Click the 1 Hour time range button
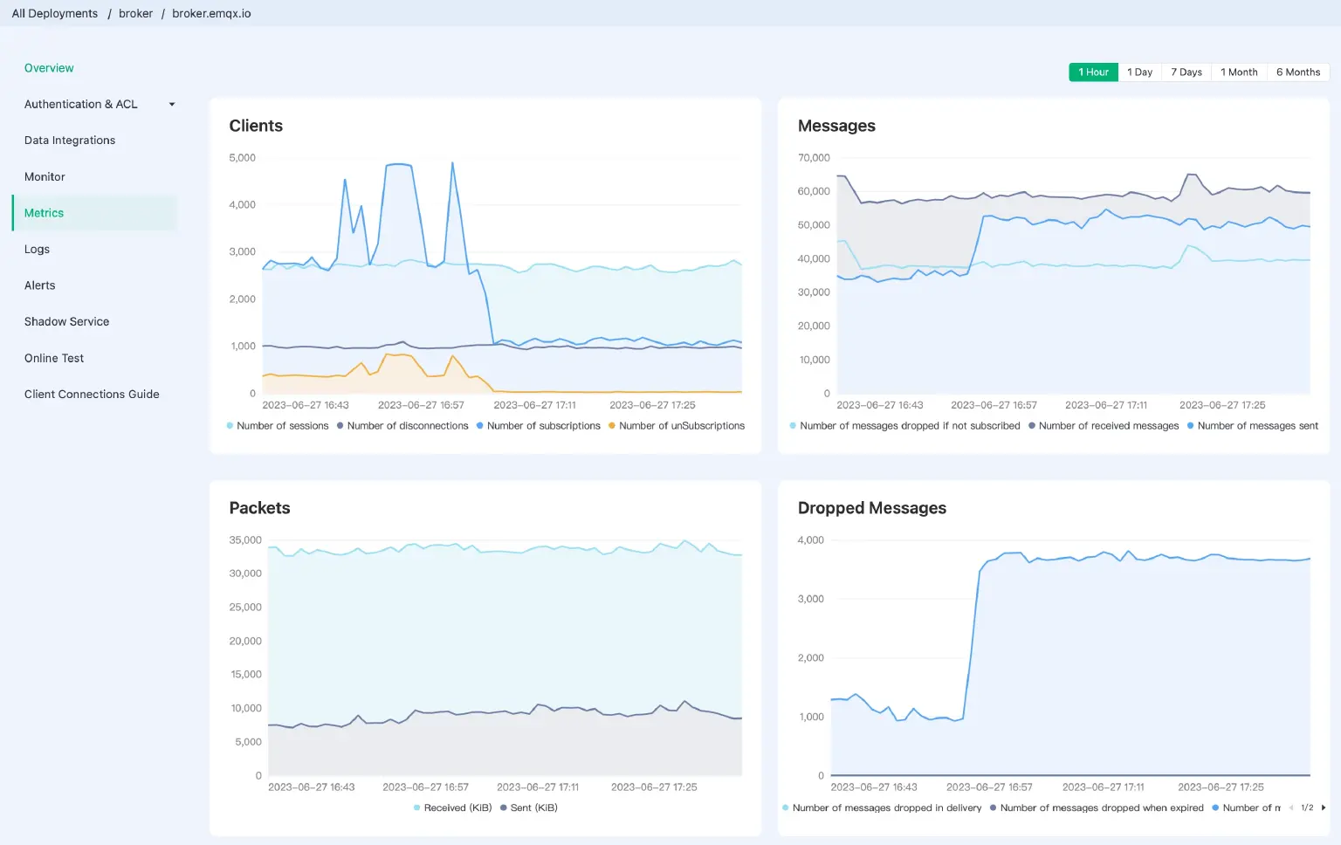pos(1093,72)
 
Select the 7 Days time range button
pos(1186,72)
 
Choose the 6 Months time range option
pos(1297,72)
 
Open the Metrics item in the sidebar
pos(44,213)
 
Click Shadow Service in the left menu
pos(66,322)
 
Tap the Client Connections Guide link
pos(92,395)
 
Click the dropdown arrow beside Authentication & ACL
pos(172,105)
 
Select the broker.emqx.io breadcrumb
pos(211,14)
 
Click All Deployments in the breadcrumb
pos(54,14)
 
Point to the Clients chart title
pos(256,126)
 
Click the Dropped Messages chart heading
pos(871,508)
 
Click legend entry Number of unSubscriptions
pos(681,426)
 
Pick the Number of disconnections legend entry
pos(407,426)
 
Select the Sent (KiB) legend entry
pos(533,808)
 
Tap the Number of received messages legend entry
pos(1108,426)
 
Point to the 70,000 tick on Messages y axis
pos(814,158)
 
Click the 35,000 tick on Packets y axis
pos(245,540)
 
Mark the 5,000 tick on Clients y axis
pos(242,158)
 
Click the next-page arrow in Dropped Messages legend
pos(1324,808)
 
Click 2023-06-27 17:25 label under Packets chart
pos(654,787)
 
